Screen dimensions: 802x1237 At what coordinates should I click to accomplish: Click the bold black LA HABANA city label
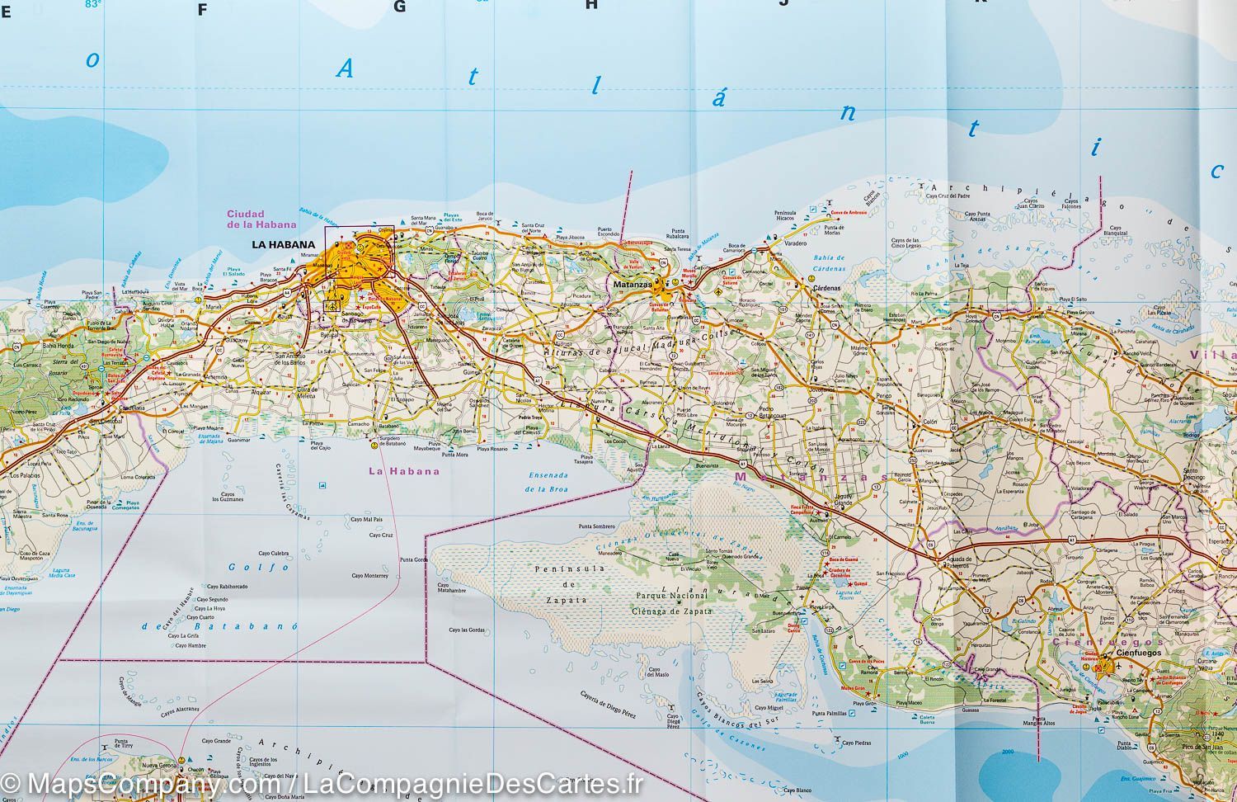(283, 244)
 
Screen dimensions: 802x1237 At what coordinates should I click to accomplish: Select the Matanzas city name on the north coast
(633, 285)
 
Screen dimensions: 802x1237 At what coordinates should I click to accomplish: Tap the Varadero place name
(794, 244)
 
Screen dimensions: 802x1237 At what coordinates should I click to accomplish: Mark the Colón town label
(931, 421)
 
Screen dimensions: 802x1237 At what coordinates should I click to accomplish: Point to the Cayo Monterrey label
(369, 576)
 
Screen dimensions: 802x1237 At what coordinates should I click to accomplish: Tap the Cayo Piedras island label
(856, 743)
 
